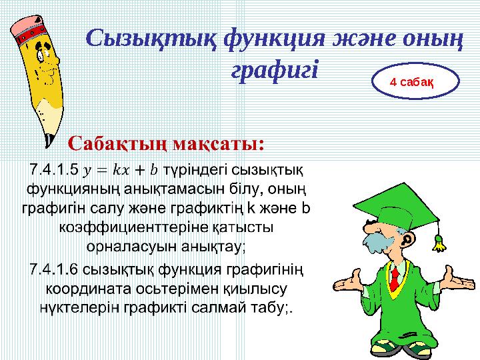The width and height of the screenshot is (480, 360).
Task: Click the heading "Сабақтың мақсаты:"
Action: tap(167, 143)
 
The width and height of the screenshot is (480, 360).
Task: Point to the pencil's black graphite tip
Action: tap(48, 141)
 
